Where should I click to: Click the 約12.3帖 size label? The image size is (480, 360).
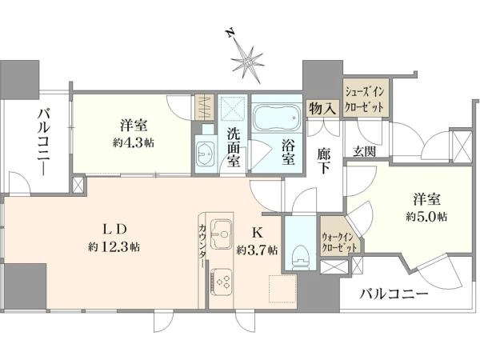114,246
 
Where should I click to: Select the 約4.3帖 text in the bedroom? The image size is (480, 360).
134,143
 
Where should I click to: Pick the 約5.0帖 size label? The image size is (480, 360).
426,217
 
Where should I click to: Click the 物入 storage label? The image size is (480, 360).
323,108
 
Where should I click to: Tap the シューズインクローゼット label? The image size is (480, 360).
365,99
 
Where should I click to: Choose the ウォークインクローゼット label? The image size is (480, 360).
339,242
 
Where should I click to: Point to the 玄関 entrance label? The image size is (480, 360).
364,151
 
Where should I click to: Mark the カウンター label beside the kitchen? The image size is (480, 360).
202,246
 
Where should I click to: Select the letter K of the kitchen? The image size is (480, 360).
257,234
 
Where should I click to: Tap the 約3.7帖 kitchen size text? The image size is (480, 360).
257,250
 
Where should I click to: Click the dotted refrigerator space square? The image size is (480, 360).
283,289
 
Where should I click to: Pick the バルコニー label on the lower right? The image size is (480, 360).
394,294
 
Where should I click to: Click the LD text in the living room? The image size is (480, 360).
114,230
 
